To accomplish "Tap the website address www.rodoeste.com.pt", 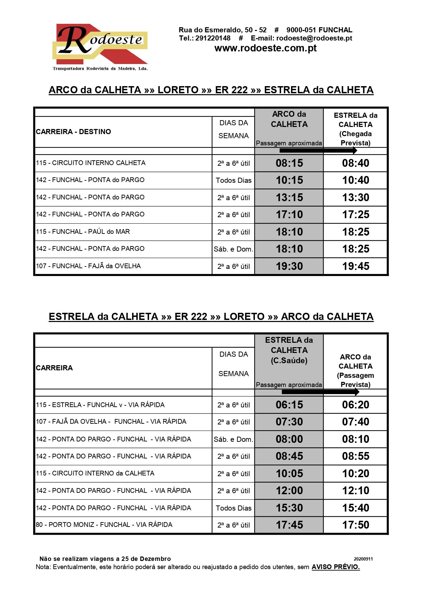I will pyautogui.click(x=265, y=48).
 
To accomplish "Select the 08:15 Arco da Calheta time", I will pyautogui.click(x=289, y=163).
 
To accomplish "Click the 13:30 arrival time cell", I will pyautogui.click(x=356, y=198).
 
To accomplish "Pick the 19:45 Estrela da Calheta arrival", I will pyautogui.click(x=356, y=267).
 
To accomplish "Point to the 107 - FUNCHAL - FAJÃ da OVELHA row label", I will pyautogui.click(x=88, y=266).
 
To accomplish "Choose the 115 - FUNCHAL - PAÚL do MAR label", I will pyautogui.click(x=83, y=232).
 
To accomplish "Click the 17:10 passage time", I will pyautogui.click(x=289, y=215).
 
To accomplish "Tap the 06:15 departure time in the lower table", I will pyautogui.click(x=289, y=405).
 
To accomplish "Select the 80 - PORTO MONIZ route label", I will pyautogui.click(x=104, y=525).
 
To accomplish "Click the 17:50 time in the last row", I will pyautogui.click(x=356, y=525).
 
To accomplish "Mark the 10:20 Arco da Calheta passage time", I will pyautogui.click(x=356, y=474).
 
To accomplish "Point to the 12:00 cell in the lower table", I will pyautogui.click(x=289, y=491).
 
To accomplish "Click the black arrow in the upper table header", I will pyautogui.click(x=318, y=150).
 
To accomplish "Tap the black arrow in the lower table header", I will pyautogui.click(x=320, y=392).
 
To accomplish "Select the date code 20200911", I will pyautogui.click(x=363, y=559).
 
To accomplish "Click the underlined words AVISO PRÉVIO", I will pyautogui.click(x=336, y=567).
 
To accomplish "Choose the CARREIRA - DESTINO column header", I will pyautogui.click(x=74, y=132).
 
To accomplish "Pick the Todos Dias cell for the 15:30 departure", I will pyautogui.click(x=233, y=508).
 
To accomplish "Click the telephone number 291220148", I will pyautogui.click(x=213, y=38).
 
